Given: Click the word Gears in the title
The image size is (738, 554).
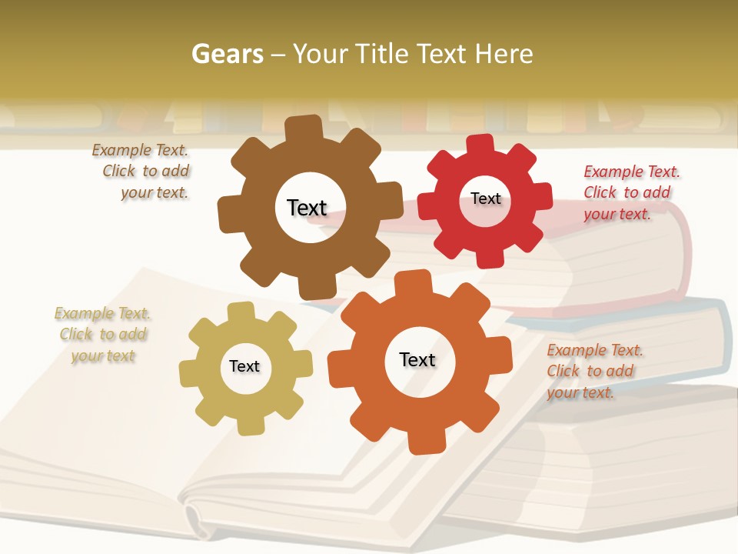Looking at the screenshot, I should pyautogui.click(x=228, y=54).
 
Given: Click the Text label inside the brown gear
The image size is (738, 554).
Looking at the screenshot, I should pyautogui.click(x=307, y=208).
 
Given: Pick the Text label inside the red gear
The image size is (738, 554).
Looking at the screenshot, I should pyautogui.click(x=485, y=199).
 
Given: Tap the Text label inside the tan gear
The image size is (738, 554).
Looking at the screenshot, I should pyautogui.click(x=244, y=366).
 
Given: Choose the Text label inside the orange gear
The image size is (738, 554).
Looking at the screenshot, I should pyautogui.click(x=417, y=359).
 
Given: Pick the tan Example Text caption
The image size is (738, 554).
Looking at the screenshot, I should pyautogui.click(x=103, y=334).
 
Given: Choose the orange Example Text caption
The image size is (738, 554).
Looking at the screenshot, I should pyautogui.click(x=593, y=371).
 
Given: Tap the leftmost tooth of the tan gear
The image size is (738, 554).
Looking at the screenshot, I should pyautogui.click(x=189, y=373).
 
